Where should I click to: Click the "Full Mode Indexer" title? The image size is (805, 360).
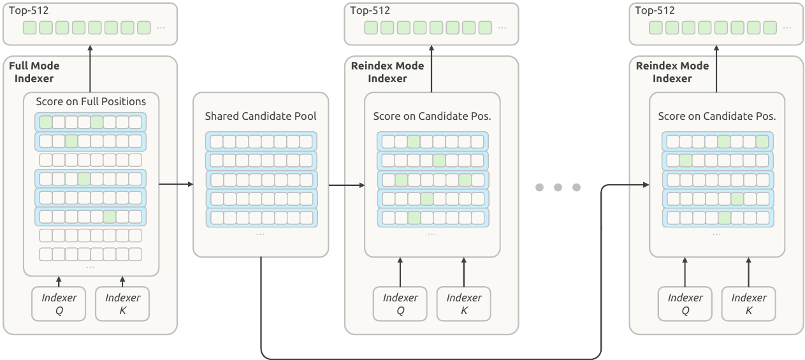click(34, 72)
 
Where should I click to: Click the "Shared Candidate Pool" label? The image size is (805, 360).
click(261, 116)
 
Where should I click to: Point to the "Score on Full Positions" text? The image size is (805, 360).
click(91, 101)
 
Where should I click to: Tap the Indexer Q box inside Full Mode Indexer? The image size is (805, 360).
click(59, 303)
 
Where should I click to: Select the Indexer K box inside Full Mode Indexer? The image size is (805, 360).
click(122, 303)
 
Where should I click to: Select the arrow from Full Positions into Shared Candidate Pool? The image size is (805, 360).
click(176, 184)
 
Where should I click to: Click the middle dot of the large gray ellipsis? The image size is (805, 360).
click(558, 187)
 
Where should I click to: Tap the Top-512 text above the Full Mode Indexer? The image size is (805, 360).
click(29, 10)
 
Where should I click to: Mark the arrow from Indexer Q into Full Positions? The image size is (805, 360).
click(59, 282)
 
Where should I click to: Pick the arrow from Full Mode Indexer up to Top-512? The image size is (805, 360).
click(91, 69)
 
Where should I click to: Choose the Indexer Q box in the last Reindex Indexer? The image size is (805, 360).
click(685, 303)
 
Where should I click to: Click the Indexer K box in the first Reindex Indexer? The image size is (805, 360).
click(463, 303)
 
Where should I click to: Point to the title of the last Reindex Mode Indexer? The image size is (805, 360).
click(672, 72)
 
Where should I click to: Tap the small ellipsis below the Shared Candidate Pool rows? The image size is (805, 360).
click(260, 234)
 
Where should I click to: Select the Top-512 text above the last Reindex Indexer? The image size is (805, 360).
click(655, 10)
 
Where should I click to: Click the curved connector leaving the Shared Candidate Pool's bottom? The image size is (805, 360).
click(432, 359)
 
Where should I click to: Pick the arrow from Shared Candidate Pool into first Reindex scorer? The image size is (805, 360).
click(347, 185)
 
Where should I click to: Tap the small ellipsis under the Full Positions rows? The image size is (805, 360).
click(90, 268)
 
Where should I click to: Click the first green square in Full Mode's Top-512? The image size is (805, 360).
click(29, 27)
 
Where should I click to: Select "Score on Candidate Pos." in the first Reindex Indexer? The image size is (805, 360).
click(432, 116)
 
